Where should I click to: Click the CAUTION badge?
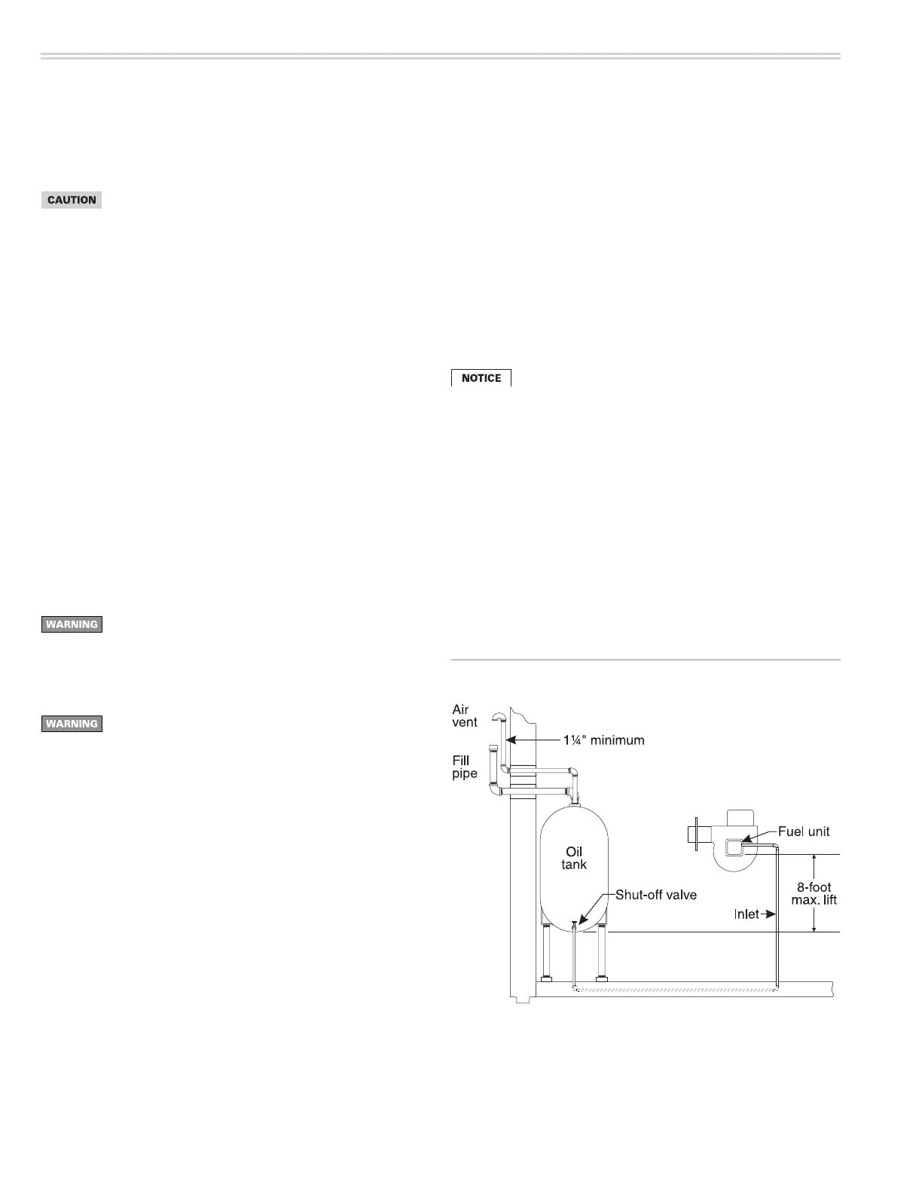[x=72, y=200]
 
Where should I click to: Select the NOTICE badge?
[x=481, y=378]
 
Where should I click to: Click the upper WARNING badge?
[x=72, y=624]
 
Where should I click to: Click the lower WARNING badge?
[x=72, y=724]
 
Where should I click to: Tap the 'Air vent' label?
[x=465, y=715]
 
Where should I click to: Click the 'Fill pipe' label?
[x=465, y=767]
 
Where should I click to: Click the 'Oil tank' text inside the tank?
[x=574, y=858]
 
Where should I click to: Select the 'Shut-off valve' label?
[x=655, y=895]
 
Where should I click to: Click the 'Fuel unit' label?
[x=804, y=831]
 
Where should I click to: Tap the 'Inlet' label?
[x=746, y=914]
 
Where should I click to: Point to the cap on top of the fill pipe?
[x=493, y=749]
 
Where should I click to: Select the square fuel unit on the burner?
[x=732, y=848]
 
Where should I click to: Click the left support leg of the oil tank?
[x=545, y=955]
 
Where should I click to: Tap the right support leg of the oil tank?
[x=602, y=955]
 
